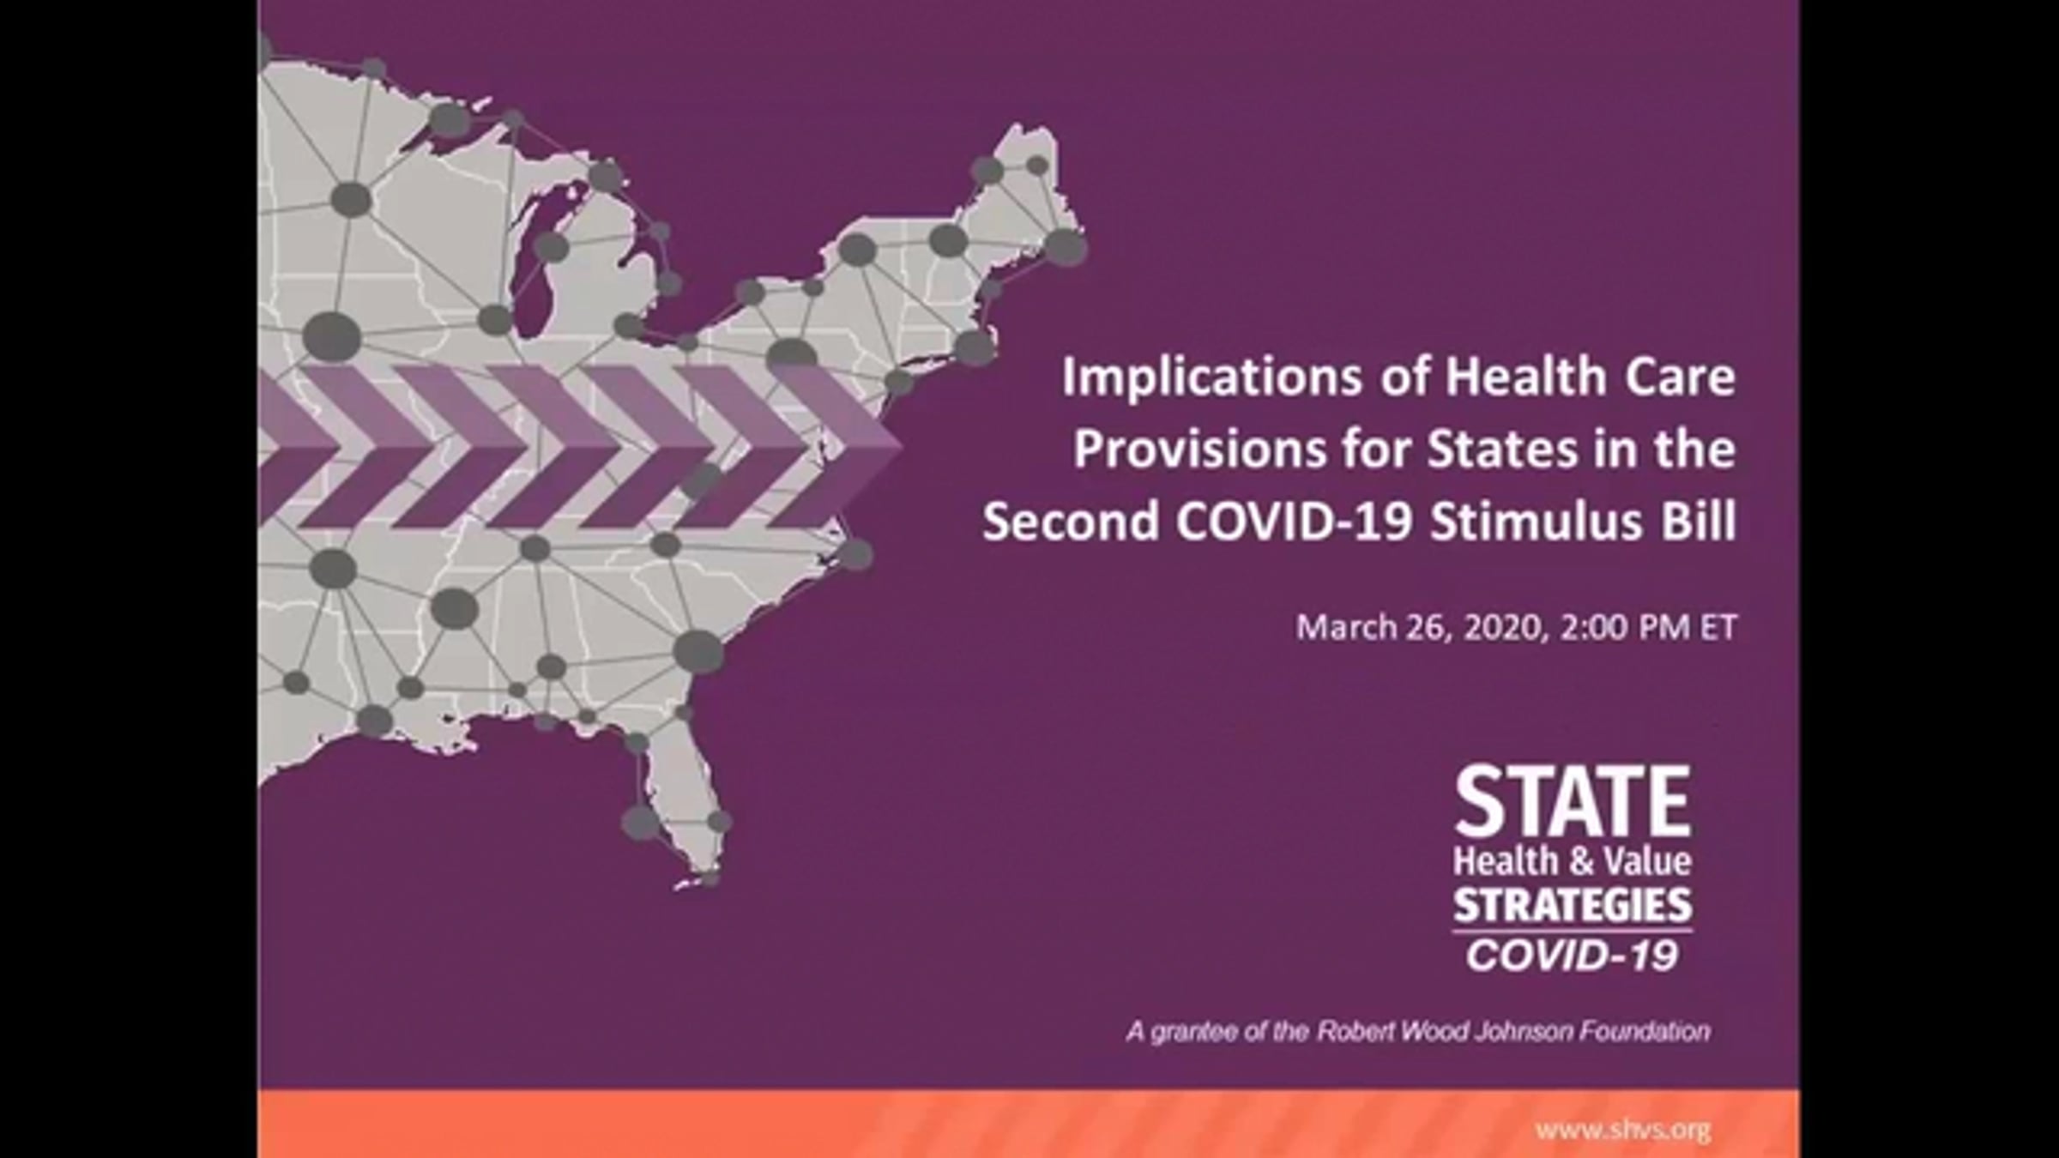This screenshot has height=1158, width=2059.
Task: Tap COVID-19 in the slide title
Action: pos(1293,521)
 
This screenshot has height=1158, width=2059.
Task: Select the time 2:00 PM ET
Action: pos(1648,627)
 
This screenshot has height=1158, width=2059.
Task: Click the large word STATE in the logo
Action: pos(1573,802)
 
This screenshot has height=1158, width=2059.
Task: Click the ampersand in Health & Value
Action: pos(1573,861)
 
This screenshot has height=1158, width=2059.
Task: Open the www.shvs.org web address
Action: pos(1623,1130)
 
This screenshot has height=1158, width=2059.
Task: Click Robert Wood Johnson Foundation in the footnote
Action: pos(1513,1031)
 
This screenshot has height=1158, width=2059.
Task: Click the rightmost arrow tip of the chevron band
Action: pos(902,444)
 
